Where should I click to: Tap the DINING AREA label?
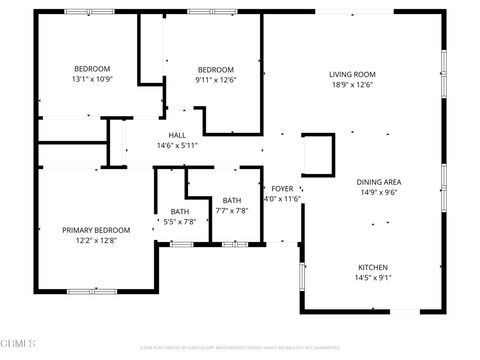pyautogui.click(x=379, y=182)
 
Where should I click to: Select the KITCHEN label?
pyautogui.click(x=373, y=267)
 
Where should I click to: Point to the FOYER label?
pyautogui.click(x=282, y=188)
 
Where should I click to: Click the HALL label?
pyautogui.click(x=177, y=135)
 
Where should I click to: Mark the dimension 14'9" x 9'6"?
pyautogui.click(x=379, y=193)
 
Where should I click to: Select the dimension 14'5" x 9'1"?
pyautogui.click(x=373, y=278)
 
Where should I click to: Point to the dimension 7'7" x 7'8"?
pyautogui.click(x=232, y=211)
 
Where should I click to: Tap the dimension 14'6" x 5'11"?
pyautogui.click(x=177, y=146)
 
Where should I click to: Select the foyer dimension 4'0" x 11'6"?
pyautogui.click(x=282, y=199)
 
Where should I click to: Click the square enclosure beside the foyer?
pyautogui.click(x=318, y=154)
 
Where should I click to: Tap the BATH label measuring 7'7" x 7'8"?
pyautogui.click(x=232, y=200)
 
